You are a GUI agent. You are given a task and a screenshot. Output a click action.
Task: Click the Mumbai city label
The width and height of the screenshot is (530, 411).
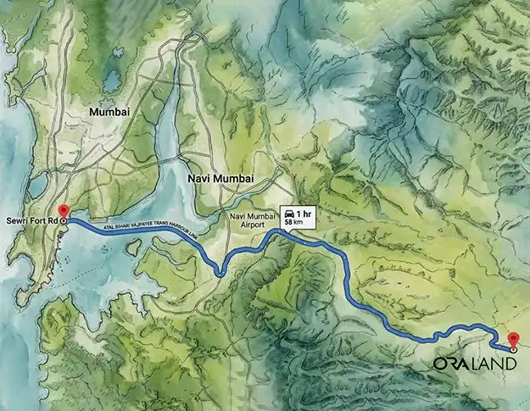(x=110, y=111)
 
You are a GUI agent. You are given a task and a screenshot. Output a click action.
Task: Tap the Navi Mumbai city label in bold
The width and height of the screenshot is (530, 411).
(x=218, y=178)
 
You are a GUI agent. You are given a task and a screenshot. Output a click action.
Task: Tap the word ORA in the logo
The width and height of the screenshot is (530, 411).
(x=454, y=364)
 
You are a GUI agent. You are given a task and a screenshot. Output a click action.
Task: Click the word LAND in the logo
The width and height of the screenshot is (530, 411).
(x=494, y=364)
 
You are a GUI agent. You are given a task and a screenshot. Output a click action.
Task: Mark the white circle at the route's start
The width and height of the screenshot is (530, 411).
(x=63, y=219)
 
